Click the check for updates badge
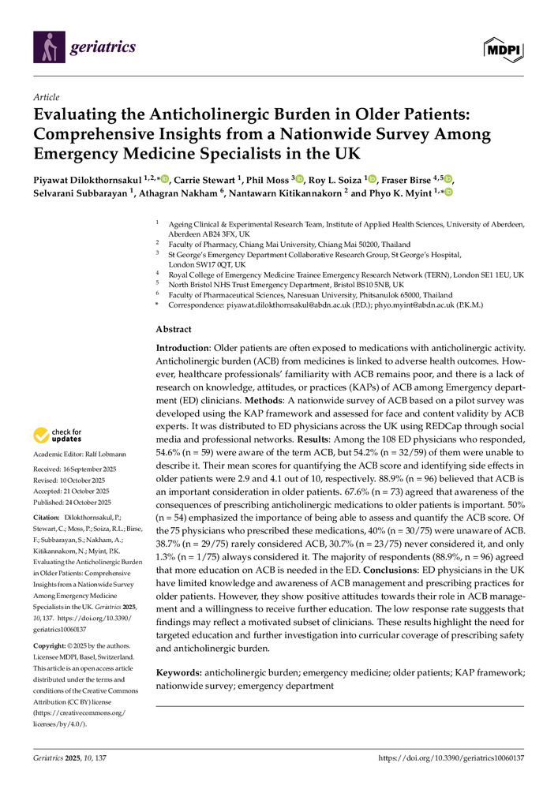pyautogui.click(x=57, y=436)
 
